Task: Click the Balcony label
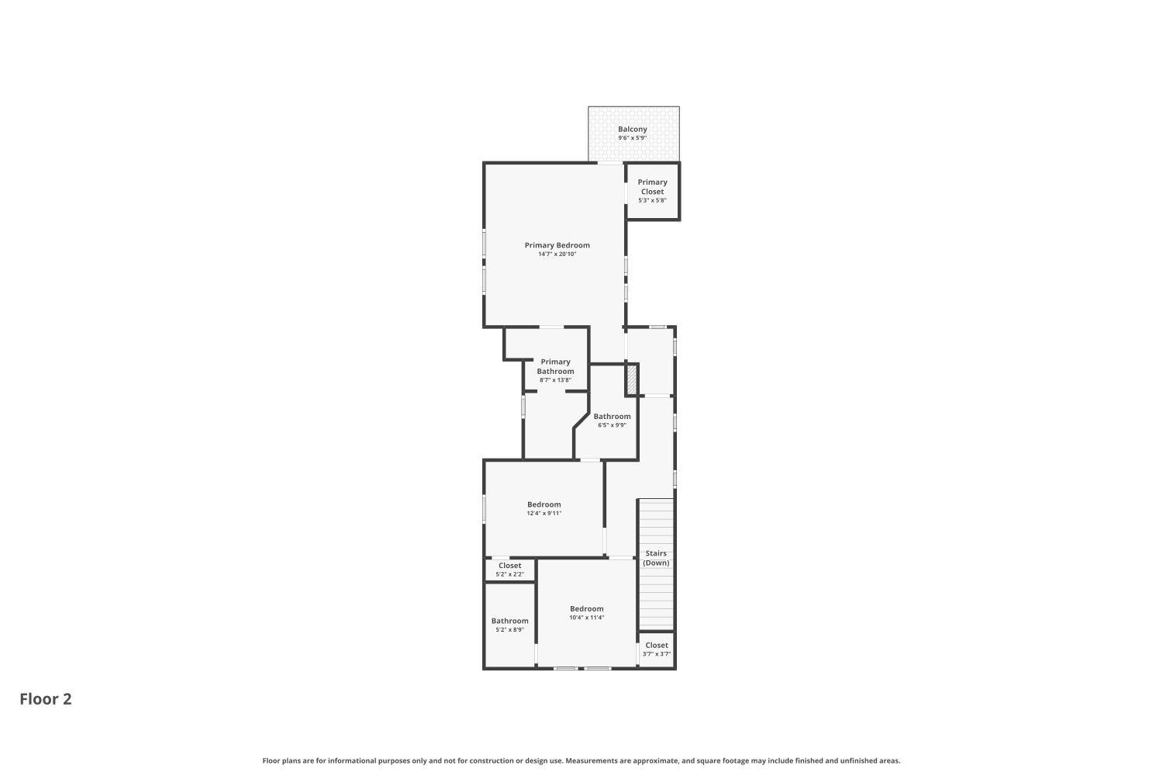pos(632,129)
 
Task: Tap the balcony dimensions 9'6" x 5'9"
pos(632,138)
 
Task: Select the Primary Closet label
pos(652,187)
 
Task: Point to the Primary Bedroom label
pos(557,245)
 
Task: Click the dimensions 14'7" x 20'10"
pos(557,255)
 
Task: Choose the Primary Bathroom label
pos(555,366)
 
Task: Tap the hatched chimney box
pos(632,379)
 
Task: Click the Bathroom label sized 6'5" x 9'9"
pos(612,416)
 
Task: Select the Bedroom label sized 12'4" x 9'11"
pos(544,504)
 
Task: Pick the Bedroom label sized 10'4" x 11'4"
pos(586,608)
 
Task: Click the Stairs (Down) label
pos(656,558)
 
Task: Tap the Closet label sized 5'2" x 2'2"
pos(509,566)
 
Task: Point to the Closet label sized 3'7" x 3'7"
pos(656,645)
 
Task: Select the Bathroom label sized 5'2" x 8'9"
pos(509,620)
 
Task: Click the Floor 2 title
pos(46,699)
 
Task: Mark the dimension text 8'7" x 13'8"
pos(555,380)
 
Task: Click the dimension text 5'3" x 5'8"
pos(652,200)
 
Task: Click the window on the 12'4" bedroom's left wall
pos(485,508)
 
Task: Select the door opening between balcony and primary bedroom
pos(610,163)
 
